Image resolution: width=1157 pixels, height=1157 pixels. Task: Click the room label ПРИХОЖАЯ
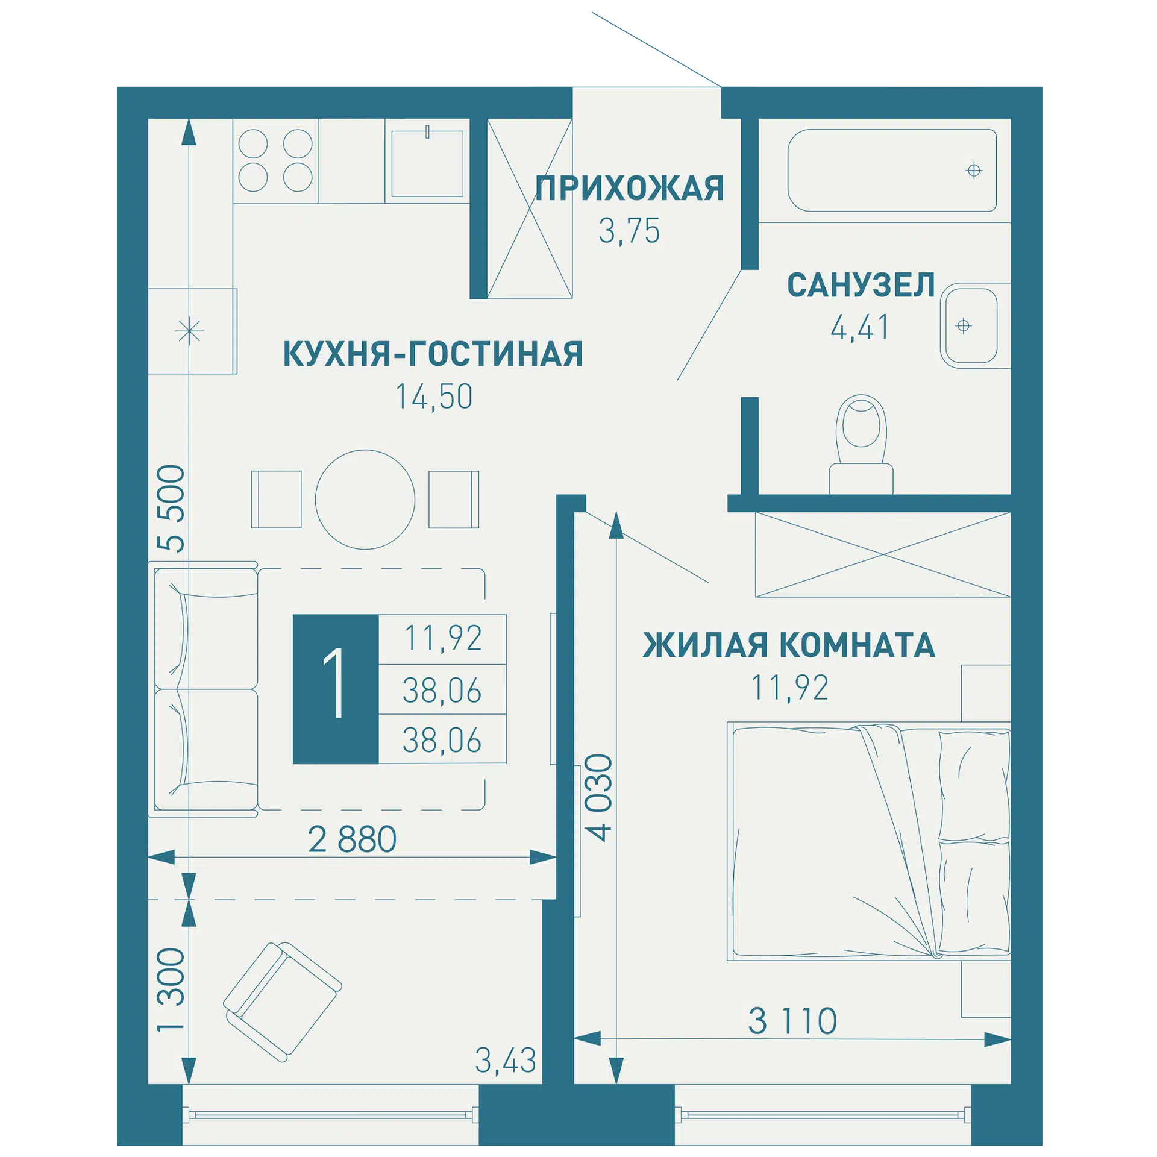[x=629, y=188]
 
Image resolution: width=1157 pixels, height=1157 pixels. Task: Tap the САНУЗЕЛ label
[x=861, y=285]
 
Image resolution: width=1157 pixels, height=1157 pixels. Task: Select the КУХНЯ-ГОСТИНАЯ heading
[x=433, y=353]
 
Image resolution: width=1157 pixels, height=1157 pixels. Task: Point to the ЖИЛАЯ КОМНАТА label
[x=789, y=645]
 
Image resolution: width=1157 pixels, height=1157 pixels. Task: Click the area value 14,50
[x=433, y=397]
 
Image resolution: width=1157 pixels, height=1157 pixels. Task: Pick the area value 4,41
[x=860, y=328]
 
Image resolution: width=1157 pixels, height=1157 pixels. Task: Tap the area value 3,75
[x=629, y=231]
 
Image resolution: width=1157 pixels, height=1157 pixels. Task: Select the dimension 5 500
[x=171, y=508]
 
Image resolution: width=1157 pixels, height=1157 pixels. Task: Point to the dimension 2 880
[x=352, y=839]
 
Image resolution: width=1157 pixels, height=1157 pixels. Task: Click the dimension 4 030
[x=599, y=797]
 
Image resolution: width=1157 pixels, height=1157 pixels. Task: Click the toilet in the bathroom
[x=861, y=445]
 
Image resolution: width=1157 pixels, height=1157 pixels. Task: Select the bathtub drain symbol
[x=974, y=171]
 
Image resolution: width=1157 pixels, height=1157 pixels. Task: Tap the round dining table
[x=365, y=500]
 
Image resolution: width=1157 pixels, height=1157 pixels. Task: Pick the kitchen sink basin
[x=427, y=163]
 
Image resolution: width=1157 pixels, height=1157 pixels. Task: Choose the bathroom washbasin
[x=970, y=325]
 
